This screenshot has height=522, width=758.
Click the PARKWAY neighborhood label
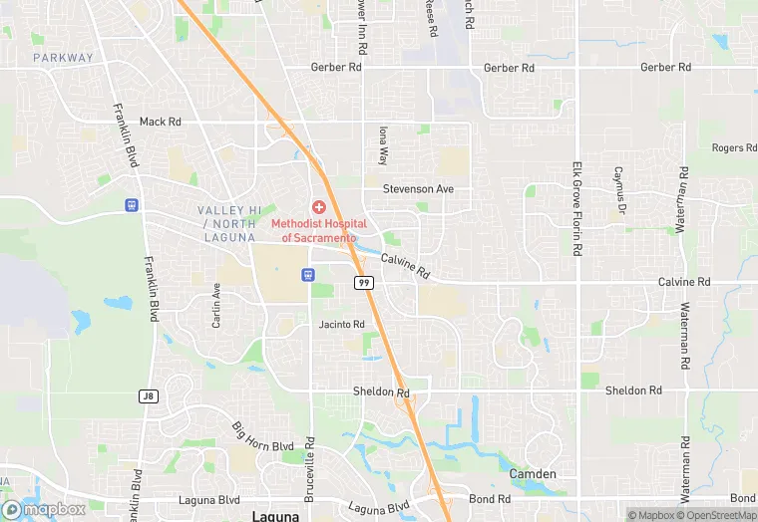point(63,58)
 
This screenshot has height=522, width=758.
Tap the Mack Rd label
point(160,122)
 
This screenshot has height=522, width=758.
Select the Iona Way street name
point(382,144)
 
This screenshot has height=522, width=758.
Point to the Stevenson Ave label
point(418,188)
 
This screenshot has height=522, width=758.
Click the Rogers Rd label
point(734,148)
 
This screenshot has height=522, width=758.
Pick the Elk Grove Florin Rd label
point(576,208)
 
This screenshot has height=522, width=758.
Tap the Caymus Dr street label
point(618,189)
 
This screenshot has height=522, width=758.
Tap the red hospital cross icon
point(318,207)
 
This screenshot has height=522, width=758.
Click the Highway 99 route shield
point(363,284)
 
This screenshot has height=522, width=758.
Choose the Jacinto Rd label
point(342,325)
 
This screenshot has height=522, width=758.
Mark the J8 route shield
point(148,395)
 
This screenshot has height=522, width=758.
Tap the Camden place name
point(533,474)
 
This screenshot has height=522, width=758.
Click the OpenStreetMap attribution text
point(716,515)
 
